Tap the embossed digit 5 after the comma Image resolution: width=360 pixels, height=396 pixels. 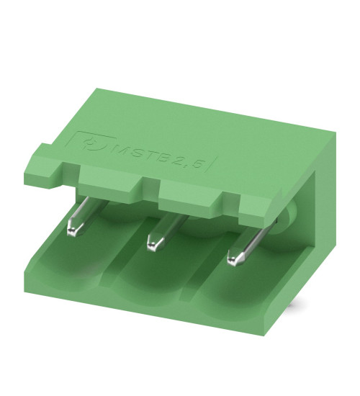click(209, 162)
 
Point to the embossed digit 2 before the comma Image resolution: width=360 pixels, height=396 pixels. click(185, 159)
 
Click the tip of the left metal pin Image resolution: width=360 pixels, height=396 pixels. click(73, 230)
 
